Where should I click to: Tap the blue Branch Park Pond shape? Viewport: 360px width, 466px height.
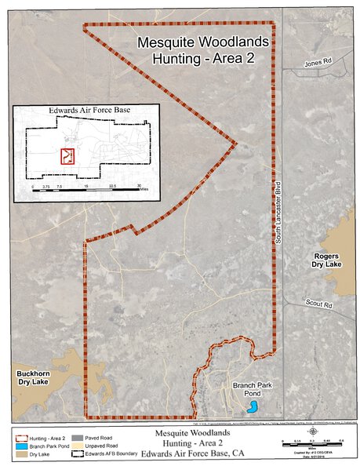252,406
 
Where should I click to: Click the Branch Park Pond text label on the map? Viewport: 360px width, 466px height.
252,390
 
